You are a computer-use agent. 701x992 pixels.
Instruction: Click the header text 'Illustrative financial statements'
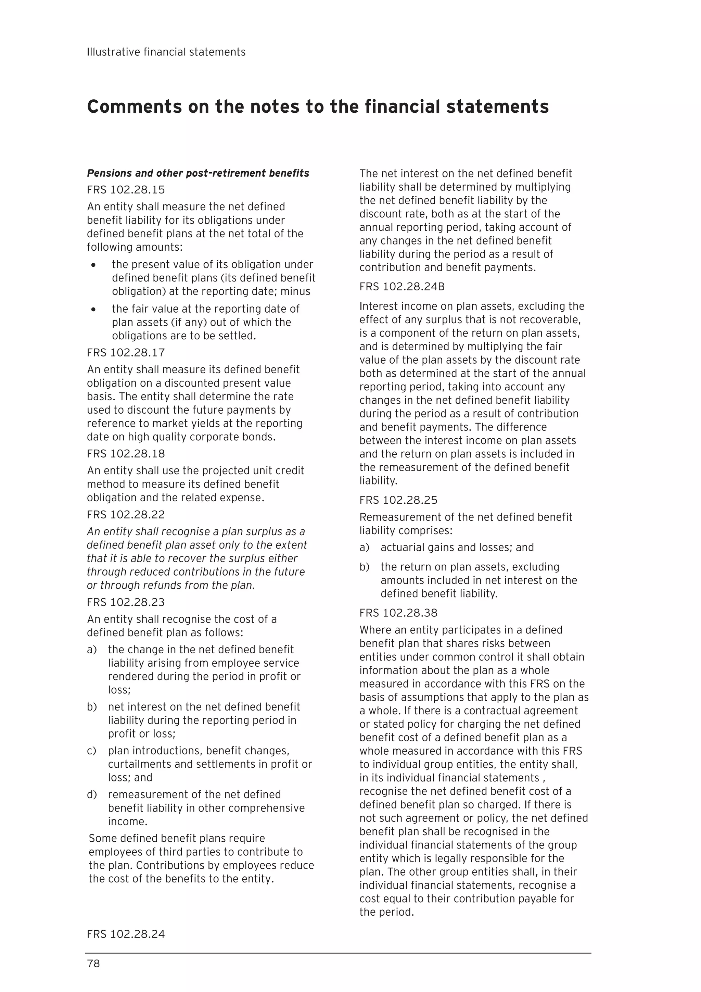click(166, 52)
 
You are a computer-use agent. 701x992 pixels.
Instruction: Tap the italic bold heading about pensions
click(198, 173)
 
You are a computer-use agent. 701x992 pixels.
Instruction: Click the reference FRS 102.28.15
click(126, 190)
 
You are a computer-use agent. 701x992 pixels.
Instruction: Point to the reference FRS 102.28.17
click(126, 353)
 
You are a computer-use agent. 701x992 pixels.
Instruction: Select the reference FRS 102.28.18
click(126, 454)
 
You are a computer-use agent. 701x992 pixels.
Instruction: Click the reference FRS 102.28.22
click(126, 515)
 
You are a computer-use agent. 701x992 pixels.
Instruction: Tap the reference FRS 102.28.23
click(126, 602)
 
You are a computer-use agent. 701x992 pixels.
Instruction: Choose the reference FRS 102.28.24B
click(402, 287)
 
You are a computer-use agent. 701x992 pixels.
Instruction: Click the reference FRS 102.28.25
click(398, 500)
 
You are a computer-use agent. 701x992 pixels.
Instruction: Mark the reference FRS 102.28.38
click(398, 613)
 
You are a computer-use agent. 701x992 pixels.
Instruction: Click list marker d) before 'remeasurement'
click(92, 794)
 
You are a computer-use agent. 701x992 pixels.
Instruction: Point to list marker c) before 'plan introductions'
click(92, 751)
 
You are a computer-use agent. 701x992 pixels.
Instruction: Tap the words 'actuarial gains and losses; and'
click(457, 548)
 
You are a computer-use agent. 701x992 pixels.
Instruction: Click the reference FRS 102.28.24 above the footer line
click(126, 934)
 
